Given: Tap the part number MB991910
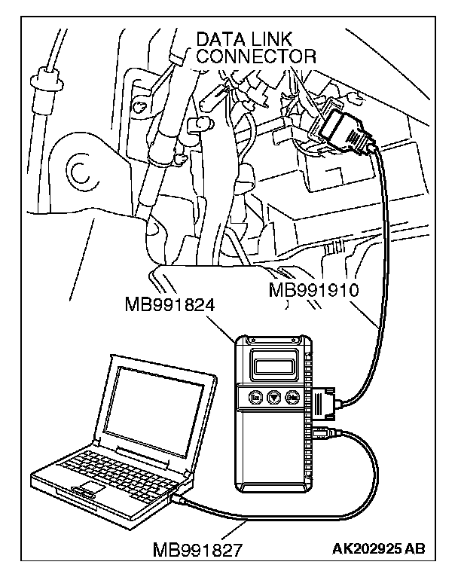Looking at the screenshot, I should (315, 290).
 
